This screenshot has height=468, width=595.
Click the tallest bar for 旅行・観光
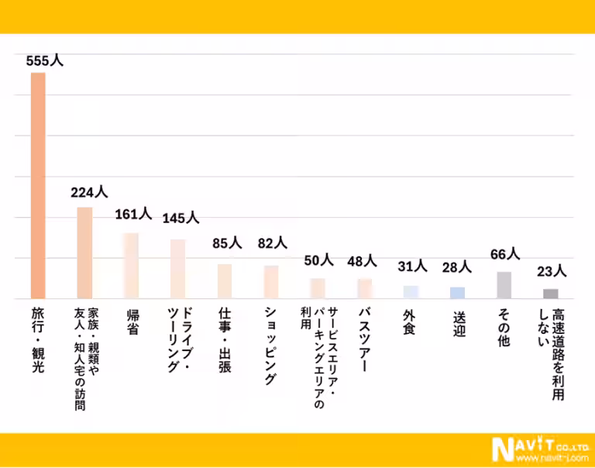point(38,185)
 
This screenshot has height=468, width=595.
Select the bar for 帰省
point(131,266)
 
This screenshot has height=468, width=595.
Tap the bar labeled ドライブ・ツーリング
point(177,269)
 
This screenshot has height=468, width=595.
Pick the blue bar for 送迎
point(458,293)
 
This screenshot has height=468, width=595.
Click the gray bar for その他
point(504,285)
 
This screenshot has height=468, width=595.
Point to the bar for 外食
point(411,292)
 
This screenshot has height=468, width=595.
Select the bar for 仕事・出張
point(225,281)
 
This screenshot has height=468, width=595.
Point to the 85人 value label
point(227,243)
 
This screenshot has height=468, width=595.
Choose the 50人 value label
point(318,260)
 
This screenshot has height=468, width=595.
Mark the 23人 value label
point(552,271)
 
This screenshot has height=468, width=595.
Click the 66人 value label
point(505,254)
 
